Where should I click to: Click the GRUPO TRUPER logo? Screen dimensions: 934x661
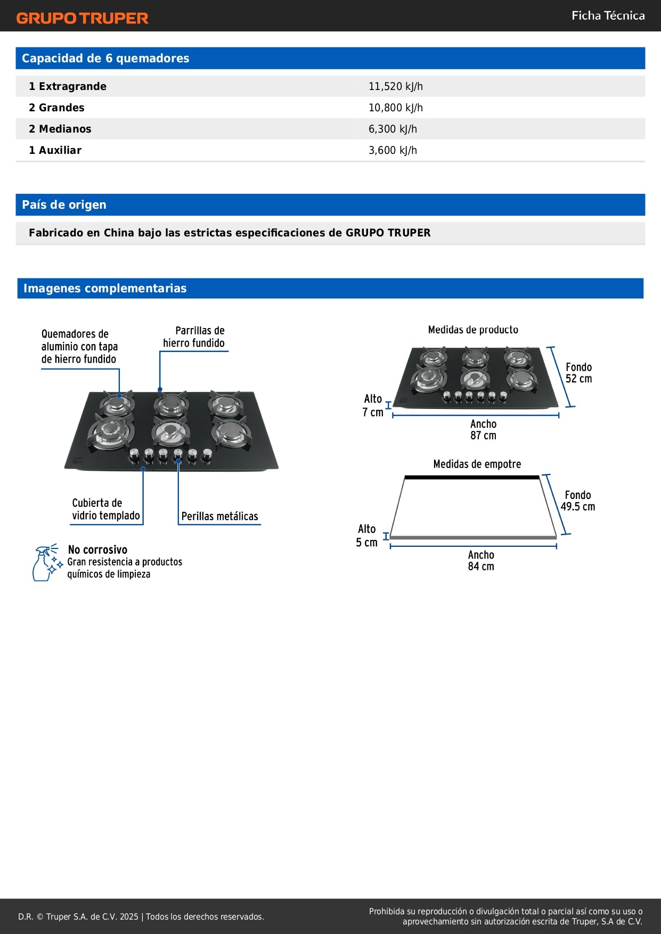point(82,18)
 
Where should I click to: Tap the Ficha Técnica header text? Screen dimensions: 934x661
point(608,15)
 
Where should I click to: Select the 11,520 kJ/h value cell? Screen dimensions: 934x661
point(395,86)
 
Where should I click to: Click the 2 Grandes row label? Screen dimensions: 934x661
point(56,108)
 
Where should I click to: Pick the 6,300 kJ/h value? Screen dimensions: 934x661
point(393,129)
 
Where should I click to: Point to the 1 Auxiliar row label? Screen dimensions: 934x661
point(55,150)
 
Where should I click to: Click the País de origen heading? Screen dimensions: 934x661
point(64,205)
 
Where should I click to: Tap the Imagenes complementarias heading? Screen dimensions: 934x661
point(105,288)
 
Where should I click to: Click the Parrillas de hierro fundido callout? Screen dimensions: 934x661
point(194,337)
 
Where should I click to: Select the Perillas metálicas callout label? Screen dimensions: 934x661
point(219,516)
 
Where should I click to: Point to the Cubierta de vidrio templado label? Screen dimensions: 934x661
point(105,510)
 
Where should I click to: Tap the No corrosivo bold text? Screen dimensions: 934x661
point(97,550)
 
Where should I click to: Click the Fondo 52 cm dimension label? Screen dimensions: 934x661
point(578,373)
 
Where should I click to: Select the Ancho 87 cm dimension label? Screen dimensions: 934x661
point(483,430)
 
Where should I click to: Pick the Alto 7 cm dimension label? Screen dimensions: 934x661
point(373,405)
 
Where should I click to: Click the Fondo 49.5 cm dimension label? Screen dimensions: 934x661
point(577,501)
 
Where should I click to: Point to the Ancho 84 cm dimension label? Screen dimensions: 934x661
point(481,561)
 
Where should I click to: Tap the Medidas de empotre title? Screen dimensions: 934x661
point(477,464)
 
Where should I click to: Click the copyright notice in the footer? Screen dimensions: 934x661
point(141,916)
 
